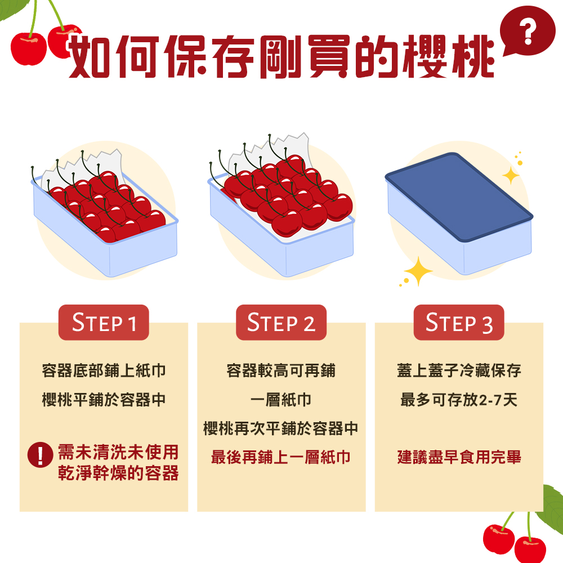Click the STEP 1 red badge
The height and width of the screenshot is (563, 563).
[104, 323]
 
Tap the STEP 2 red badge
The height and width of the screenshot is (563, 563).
[281, 323]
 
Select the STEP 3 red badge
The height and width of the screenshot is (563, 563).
[459, 323]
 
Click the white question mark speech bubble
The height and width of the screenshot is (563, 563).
[528, 34]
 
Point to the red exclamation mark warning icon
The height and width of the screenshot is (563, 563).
[40, 454]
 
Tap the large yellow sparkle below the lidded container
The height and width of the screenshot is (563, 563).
[418, 271]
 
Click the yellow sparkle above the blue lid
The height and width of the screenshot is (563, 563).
[511, 176]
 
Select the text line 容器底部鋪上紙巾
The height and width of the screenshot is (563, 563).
[104, 371]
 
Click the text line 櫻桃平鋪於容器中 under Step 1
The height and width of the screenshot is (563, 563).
[104, 400]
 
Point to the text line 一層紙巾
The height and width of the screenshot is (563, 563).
[281, 400]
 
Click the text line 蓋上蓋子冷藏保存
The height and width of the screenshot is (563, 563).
[459, 371]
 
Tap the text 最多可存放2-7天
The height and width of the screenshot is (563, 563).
[459, 400]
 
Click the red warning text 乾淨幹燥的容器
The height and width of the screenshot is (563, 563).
[118, 473]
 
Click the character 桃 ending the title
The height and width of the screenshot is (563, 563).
[471, 58]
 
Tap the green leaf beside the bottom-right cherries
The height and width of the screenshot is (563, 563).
[552, 504]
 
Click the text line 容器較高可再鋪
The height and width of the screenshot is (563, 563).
[281, 371]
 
